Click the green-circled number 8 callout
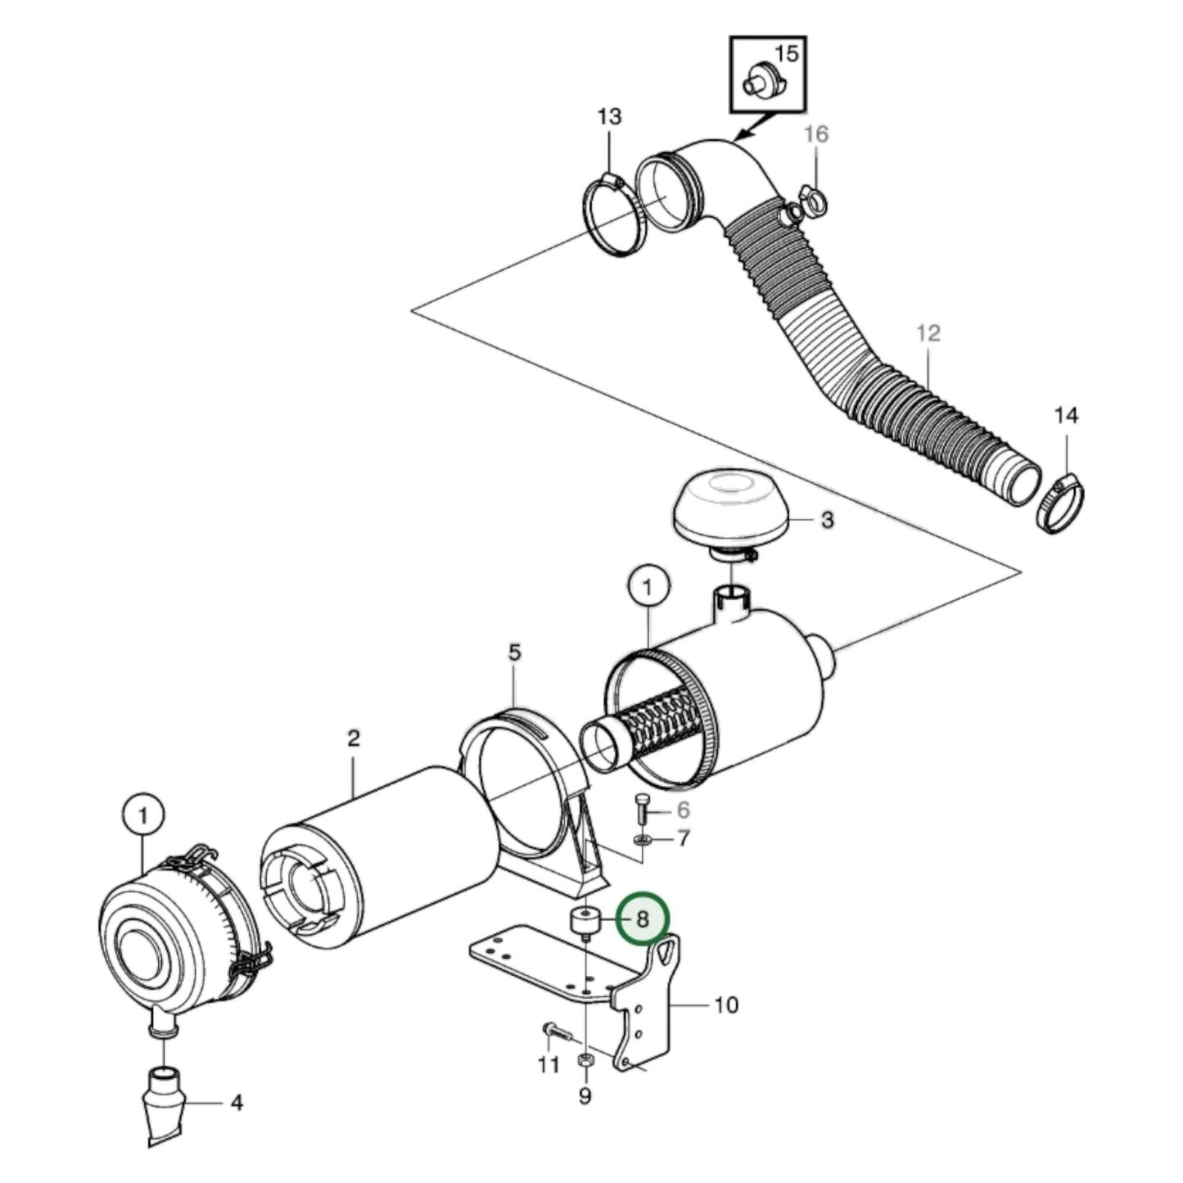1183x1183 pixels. [643, 919]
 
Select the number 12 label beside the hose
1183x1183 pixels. [928, 333]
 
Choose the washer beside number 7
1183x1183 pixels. [643, 840]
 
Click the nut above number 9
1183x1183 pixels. [585, 1061]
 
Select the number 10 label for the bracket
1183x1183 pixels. [726, 1005]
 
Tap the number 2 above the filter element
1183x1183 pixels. [353, 738]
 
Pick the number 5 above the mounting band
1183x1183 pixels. [514, 653]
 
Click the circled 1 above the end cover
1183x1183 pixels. [143, 815]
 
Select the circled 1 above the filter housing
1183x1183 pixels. [648, 588]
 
